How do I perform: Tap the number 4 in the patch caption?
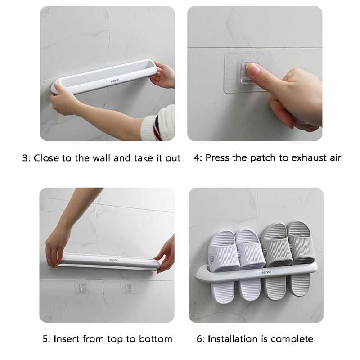[x=197, y=158]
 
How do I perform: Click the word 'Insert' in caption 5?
[x=67, y=339]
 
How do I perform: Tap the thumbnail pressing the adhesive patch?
[x=255, y=73]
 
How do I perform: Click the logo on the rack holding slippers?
[x=266, y=272]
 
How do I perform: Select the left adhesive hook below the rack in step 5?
[x=83, y=287]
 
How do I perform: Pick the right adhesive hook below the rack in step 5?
[x=129, y=287]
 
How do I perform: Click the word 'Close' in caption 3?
[x=46, y=158]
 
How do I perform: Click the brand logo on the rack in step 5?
[x=114, y=260]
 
